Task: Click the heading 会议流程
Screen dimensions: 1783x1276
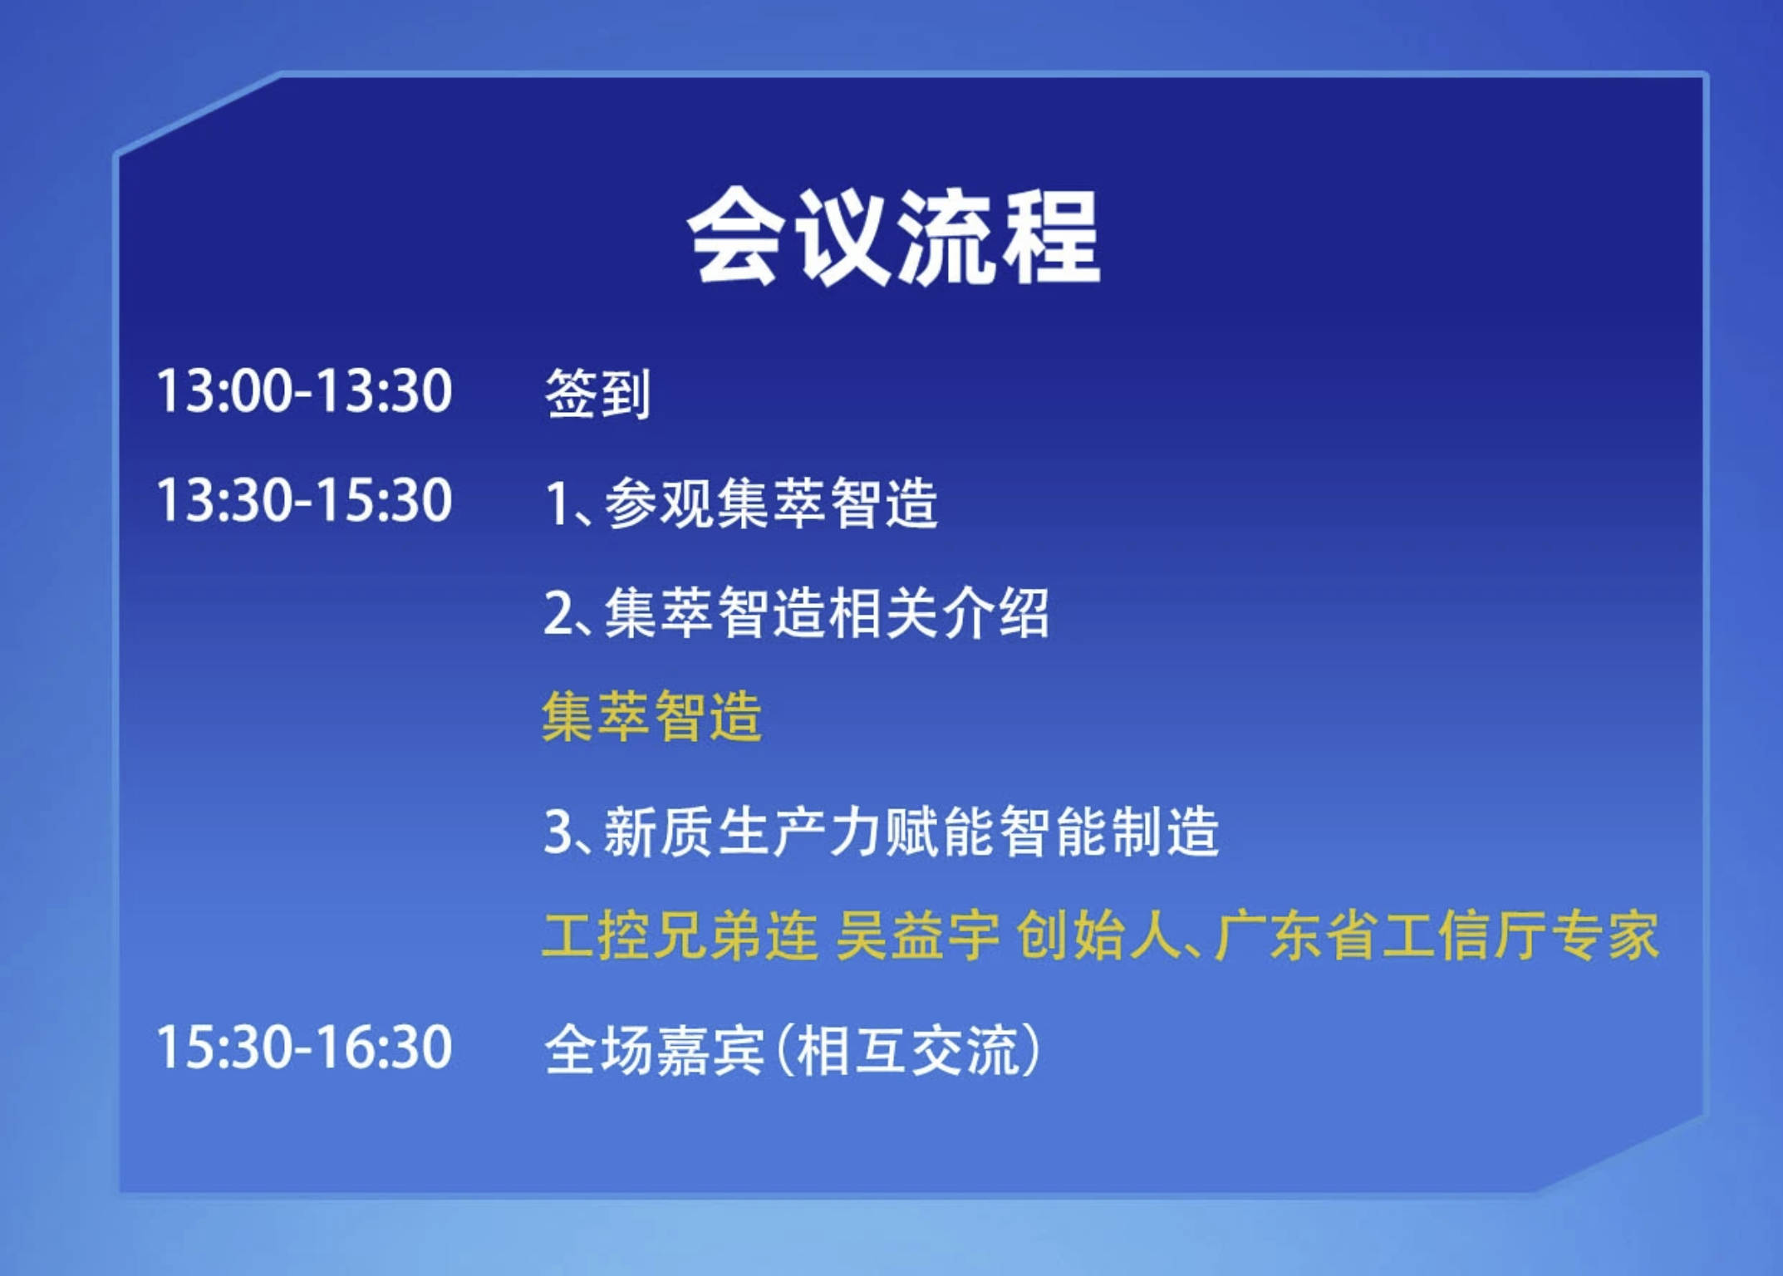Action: pos(894,237)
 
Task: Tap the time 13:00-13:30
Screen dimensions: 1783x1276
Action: pos(304,390)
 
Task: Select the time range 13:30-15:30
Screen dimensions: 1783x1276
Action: pos(304,500)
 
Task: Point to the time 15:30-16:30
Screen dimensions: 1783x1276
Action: pos(304,1047)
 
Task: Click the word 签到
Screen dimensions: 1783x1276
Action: pos(597,392)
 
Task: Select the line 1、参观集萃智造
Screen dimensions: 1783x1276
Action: pos(741,503)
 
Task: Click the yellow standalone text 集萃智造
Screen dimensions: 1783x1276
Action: pos(651,715)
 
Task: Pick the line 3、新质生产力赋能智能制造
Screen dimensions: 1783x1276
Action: pos(881,831)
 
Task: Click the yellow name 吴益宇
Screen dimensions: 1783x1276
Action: pos(917,935)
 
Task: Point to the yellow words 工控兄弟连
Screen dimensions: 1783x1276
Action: pos(680,935)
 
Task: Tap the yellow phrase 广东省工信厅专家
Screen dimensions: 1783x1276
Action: pos(1436,935)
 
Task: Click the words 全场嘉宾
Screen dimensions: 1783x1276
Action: pos(654,1050)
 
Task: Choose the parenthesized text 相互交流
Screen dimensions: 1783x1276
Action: pos(907,1050)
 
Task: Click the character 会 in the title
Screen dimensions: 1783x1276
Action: pos(734,237)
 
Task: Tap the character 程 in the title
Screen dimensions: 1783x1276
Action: pos(1052,237)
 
